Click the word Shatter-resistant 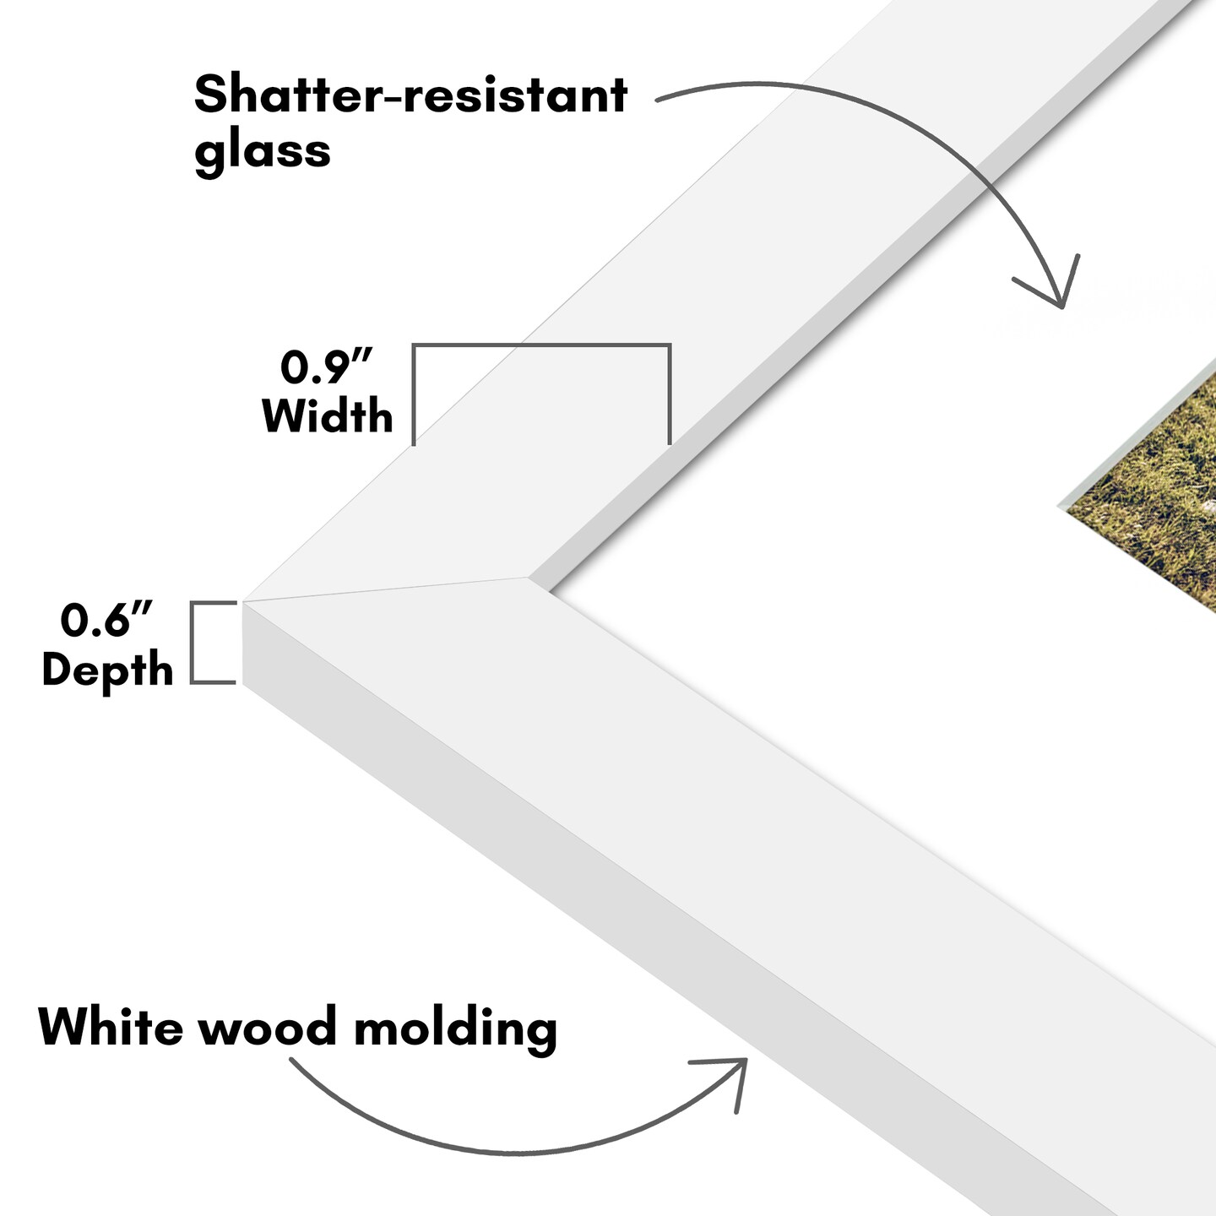click(x=410, y=95)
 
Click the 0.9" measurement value click(x=326, y=366)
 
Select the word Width click(x=328, y=416)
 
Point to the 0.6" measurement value click(x=106, y=621)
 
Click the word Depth click(x=107, y=670)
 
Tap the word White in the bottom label click(x=110, y=1027)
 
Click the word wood click(x=268, y=1028)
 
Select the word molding click(x=455, y=1029)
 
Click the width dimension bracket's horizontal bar click(x=541, y=345)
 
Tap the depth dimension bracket click(x=193, y=642)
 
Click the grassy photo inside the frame click(x=1157, y=498)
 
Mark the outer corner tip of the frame click(x=244, y=602)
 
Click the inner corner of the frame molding click(x=529, y=578)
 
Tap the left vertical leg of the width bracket click(x=414, y=394)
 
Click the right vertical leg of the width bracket click(x=670, y=394)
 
